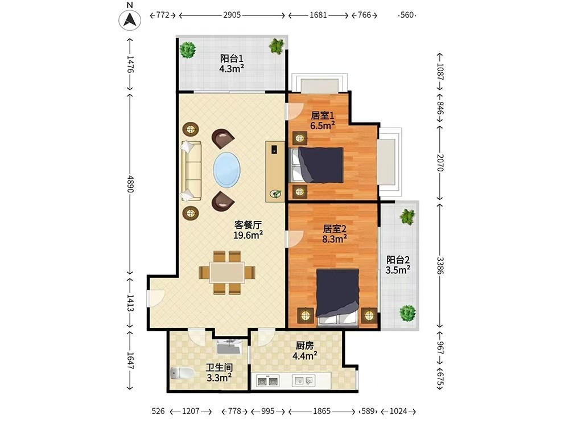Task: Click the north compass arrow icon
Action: (130, 19)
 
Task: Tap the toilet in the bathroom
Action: (182, 373)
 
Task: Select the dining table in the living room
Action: (227, 272)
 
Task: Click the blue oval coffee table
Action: (226, 170)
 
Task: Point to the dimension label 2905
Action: (232, 15)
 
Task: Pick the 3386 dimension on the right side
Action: (440, 266)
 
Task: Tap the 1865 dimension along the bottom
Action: (322, 411)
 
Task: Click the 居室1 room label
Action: (323, 116)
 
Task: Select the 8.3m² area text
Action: (334, 239)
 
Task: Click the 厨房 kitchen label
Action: (305, 346)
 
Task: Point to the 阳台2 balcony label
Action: (398, 260)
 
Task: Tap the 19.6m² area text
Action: (248, 235)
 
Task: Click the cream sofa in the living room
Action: (191, 171)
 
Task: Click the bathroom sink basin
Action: (229, 347)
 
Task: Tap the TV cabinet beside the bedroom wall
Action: (275, 171)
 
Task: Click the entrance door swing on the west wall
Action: (156, 298)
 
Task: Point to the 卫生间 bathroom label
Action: (219, 368)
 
